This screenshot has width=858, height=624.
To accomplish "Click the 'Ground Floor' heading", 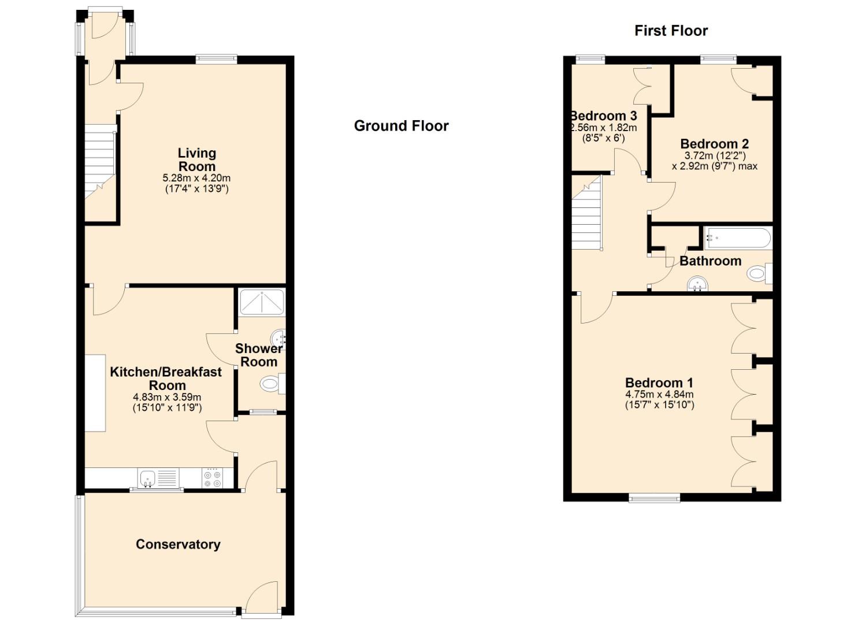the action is tap(401, 126).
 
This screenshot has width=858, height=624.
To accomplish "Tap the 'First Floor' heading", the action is tap(671, 31).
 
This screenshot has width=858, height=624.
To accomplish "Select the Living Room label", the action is tap(197, 159).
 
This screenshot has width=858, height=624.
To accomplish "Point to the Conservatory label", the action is tap(178, 544).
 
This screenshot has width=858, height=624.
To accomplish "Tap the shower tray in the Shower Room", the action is tap(262, 303).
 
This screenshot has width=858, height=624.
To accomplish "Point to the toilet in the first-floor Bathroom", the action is tap(759, 273).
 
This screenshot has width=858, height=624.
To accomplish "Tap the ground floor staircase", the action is tap(100, 161).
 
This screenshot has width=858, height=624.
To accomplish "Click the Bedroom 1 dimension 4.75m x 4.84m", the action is tap(659, 394).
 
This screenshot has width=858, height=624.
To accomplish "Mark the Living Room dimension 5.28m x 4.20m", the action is tap(196, 178).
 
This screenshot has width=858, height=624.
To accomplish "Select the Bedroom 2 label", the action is tap(714, 144).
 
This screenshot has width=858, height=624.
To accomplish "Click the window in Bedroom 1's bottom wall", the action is tap(654, 497).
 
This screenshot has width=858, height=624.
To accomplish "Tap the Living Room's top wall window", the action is tap(216, 58).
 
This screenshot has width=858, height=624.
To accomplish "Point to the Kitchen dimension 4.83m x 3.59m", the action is tap(167, 398).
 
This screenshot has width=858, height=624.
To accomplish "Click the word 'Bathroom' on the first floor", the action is tap(711, 261).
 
